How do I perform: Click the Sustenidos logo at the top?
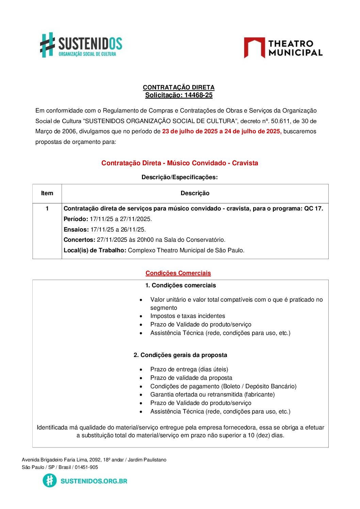tap(81, 45)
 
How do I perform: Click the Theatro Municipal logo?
tap(283, 48)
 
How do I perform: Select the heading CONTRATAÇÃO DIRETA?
tap(179, 87)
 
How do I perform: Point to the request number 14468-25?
tap(198, 95)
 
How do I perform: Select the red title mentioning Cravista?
tap(180, 163)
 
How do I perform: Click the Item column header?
tap(47, 193)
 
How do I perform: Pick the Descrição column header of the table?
tap(195, 193)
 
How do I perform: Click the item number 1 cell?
tap(47, 208)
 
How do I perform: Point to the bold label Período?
tap(76, 219)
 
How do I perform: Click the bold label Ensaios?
tap(76, 230)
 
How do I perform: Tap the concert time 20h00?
tap(145, 240)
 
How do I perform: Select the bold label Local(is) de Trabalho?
tap(95, 250)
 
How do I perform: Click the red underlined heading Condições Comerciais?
tap(178, 273)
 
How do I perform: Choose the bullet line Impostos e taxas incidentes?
tap(187, 316)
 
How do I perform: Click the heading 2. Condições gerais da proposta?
tap(180, 355)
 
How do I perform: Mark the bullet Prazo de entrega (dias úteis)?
tap(189, 369)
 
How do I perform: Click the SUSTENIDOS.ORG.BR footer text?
tap(94, 481)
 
